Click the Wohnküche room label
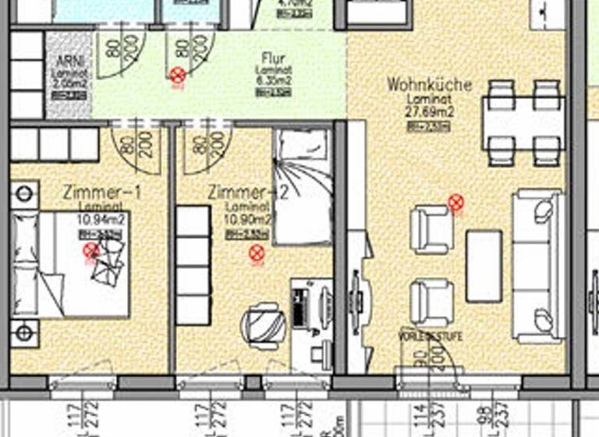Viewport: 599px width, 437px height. (x=429, y=84)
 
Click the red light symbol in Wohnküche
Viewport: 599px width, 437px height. (x=456, y=204)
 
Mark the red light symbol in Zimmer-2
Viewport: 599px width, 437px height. (x=257, y=252)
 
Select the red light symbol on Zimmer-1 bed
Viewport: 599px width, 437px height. (x=91, y=250)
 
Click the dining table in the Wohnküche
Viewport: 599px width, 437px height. (x=523, y=123)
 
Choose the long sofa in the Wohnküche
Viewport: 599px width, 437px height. (x=537, y=265)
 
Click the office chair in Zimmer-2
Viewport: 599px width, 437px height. (x=259, y=322)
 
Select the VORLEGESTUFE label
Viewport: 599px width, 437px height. (x=429, y=336)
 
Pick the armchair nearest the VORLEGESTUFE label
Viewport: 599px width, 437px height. (x=431, y=301)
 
